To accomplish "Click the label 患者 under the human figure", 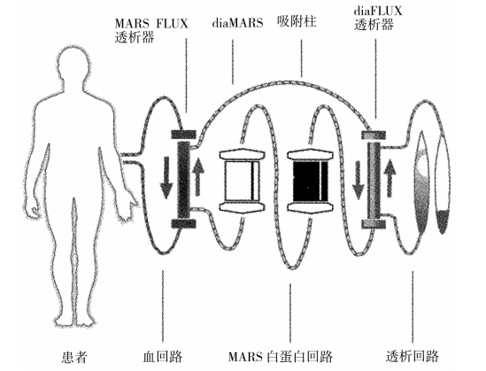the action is click(74, 357).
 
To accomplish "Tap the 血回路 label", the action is click(162, 357).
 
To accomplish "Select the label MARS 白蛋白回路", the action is click(281, 357).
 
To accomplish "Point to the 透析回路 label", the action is click(413, 357).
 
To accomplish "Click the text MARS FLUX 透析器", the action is click(151, 30).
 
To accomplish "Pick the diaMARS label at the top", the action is click(238, 23).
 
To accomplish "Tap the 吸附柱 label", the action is click(297, 22).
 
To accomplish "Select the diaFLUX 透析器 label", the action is click(378, 18).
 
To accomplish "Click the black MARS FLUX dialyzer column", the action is click(183, 180).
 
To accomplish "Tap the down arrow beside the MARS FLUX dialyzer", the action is click(166, 178).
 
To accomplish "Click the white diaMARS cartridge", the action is click(242, 182).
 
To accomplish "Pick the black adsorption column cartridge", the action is click(310, 182).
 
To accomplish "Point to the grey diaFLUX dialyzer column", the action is click(374, 180).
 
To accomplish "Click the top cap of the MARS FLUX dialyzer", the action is click(183, 135).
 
